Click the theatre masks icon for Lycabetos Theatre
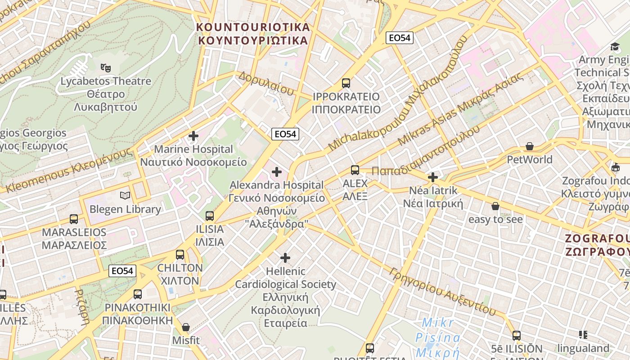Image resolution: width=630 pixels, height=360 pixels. (106, 68)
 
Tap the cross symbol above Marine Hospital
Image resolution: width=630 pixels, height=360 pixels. (193, 136)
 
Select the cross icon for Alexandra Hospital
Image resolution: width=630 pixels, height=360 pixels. (277, 172)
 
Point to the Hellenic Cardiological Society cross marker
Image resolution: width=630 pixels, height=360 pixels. (285, 258)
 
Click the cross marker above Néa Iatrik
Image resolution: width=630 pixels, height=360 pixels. (433, 177)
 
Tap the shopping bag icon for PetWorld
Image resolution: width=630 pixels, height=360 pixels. (530, 147)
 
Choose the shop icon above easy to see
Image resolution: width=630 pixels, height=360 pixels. (495, 206)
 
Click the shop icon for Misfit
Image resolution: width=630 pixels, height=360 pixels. (186, 327)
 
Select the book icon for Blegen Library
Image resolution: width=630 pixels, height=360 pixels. (125, 196)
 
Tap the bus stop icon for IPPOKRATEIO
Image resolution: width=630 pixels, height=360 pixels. (346, 83)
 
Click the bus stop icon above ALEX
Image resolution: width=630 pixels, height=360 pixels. (355, 170)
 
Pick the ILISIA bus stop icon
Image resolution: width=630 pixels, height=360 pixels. (210, 216)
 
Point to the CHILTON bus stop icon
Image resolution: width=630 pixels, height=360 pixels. (180, 255)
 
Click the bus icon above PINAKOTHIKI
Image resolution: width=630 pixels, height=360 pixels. (138, 294)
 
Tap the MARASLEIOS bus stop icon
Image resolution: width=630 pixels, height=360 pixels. (74, 219)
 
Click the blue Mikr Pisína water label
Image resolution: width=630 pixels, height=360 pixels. (438, 337)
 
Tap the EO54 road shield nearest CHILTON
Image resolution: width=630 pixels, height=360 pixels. (122, 271)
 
